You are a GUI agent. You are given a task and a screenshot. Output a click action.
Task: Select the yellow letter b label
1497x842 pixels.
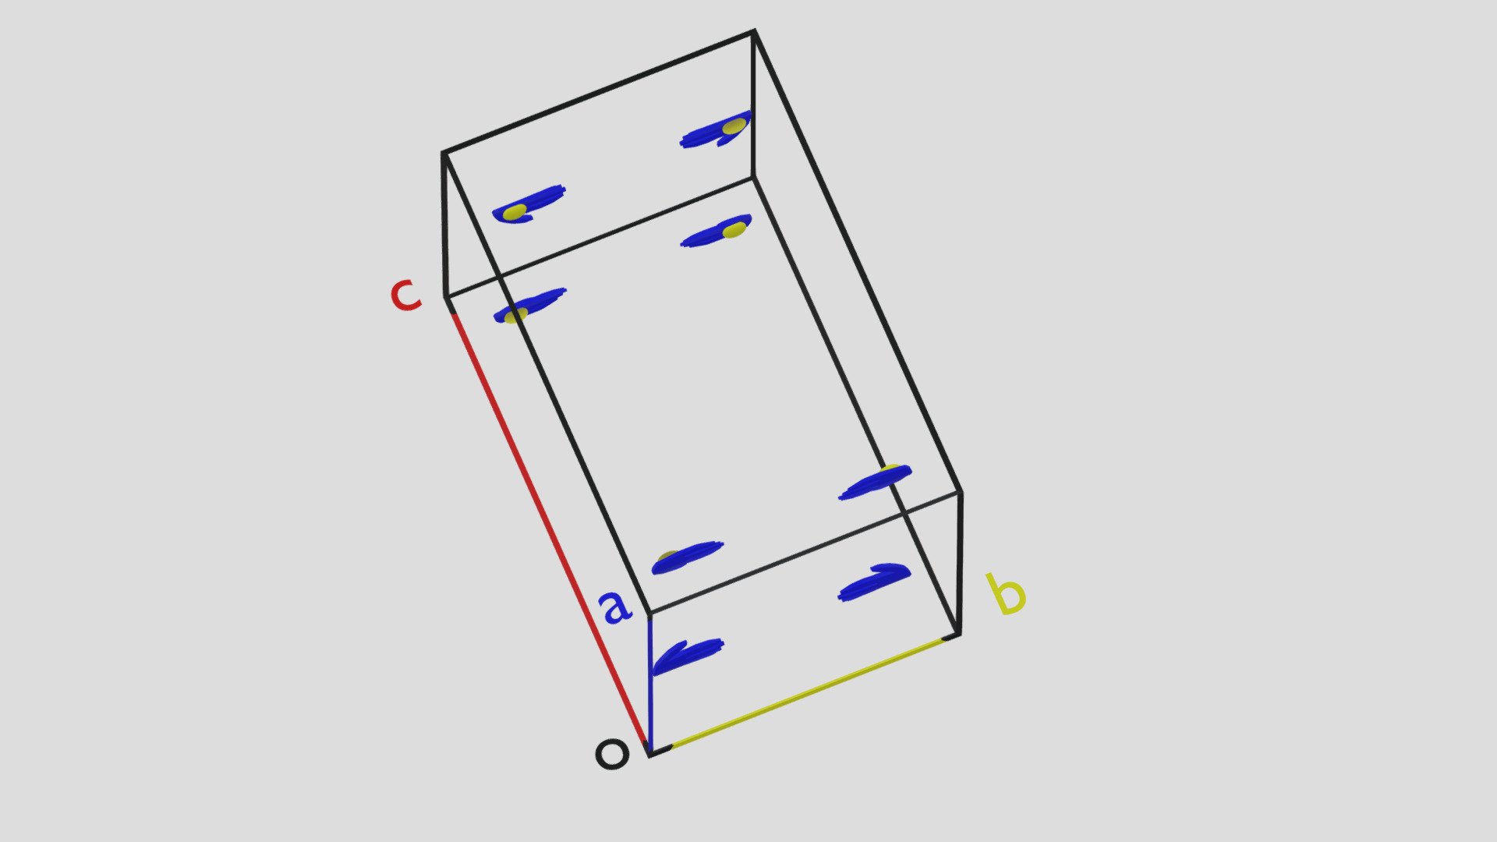point(1006,595)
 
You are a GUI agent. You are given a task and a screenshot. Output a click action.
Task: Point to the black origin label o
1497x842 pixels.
point(612,755)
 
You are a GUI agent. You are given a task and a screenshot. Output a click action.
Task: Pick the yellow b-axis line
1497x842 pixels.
point(808,693)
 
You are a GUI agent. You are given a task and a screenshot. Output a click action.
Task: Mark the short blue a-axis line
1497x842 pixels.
point(650,685)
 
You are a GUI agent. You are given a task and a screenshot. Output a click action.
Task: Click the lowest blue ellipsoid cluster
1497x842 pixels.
point(686,655)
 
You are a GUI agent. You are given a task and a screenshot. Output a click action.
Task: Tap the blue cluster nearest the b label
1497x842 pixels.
point(874,582)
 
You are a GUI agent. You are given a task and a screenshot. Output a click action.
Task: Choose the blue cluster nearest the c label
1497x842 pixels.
point(529,305)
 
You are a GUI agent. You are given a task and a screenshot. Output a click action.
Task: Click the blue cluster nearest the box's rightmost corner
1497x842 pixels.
point(875,483)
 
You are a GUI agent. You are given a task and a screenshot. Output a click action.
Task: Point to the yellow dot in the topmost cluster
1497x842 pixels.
point(733,126)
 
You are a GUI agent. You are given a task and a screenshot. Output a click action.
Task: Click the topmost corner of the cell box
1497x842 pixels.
point(754,31)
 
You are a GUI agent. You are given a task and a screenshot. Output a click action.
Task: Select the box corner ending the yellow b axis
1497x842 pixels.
point(958,635)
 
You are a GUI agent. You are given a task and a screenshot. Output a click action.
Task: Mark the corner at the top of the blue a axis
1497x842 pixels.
point(649,614)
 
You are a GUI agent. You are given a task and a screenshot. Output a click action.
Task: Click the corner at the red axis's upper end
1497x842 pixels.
point(445,297)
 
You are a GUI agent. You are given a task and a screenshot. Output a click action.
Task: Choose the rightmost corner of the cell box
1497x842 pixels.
point(961,492)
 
